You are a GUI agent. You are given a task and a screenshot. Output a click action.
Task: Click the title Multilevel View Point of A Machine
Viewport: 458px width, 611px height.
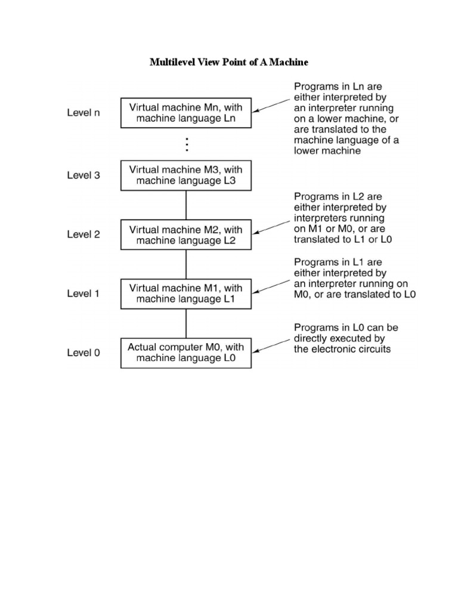coord(229,62)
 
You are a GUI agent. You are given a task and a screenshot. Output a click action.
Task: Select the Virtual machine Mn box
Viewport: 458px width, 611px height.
coord(186,113)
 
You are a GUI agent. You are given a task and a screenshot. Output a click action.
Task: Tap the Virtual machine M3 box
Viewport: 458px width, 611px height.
coord(186,175)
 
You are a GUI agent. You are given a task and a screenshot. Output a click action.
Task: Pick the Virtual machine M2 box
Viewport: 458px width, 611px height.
coord(186,234)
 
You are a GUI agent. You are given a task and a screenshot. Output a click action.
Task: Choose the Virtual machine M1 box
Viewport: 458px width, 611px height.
coord(186,294)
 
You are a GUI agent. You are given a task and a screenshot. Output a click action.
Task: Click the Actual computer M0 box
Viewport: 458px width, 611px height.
coord(186,353)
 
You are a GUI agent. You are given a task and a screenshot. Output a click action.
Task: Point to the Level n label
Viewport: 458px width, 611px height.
coord(83,113)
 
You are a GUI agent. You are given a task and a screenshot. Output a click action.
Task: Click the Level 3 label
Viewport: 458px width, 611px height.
coord(83,175)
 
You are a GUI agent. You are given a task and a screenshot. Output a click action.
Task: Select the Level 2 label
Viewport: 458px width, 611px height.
coord(83,234)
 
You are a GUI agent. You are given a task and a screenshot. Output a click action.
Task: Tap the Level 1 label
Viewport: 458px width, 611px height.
coord(83,294)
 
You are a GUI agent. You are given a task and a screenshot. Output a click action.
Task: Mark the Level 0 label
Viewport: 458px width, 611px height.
coord(83,353)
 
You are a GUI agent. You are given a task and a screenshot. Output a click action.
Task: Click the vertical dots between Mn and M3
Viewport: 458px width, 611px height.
coord(187,144)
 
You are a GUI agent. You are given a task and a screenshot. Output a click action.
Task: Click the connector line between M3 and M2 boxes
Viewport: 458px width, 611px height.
coord(187,205)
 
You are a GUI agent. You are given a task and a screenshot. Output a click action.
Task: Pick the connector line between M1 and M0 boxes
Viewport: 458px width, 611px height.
coord(187,323)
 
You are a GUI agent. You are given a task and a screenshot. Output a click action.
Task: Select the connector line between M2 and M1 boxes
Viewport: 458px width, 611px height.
coord(187,264)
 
